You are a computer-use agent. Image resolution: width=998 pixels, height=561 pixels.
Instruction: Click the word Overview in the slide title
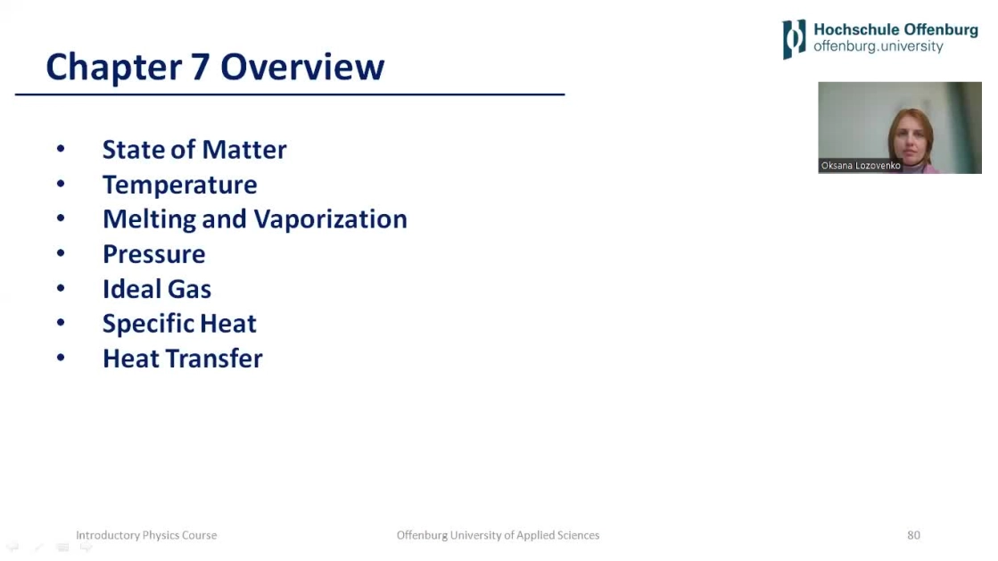tap(302, 67)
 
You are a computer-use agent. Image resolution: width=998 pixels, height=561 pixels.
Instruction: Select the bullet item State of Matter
tap(194, 150)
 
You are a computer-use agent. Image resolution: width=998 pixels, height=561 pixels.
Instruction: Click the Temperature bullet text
tap(179, 185)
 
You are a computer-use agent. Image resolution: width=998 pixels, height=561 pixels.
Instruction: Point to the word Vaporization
tap(330, 219)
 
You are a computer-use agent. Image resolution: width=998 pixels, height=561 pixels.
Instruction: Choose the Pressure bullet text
tap(154, 254)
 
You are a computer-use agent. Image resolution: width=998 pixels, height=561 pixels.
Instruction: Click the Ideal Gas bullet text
tap(157, 289)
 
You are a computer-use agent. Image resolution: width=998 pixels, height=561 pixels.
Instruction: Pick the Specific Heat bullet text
tap(179, 324)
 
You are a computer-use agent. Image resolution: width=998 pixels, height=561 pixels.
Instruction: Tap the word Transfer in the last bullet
tap(214, 359)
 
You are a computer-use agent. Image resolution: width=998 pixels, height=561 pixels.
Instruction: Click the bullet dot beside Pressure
tap(61, 253)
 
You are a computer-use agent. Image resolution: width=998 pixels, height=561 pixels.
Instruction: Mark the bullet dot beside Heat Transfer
tap(61, 358)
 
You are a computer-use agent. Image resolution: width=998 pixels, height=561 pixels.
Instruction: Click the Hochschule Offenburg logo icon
tap(794, 39)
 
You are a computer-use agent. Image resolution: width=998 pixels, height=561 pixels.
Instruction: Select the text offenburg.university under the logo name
tap(878, 46)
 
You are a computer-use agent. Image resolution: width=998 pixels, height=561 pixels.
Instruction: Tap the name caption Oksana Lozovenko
tap(861, 166)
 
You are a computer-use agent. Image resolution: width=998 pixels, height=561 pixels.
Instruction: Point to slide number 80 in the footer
tap(913, 535)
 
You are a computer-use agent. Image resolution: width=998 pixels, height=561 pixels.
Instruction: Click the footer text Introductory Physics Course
tap(146, 535)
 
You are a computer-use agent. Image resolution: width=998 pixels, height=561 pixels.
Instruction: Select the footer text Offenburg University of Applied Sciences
tap(498, 535)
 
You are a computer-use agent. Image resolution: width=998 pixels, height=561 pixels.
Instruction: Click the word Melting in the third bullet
tap(149, 219)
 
